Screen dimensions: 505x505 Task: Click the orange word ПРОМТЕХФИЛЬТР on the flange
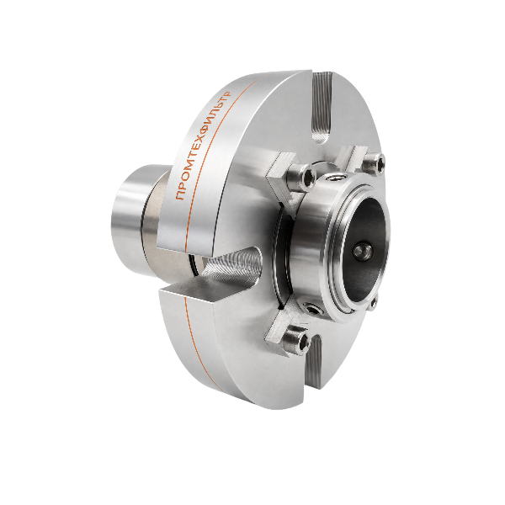(204, 146)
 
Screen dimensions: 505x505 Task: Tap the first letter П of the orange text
(180, 195)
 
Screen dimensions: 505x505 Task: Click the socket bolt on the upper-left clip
(301, 176)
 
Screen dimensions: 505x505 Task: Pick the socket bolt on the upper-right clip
(374, 162)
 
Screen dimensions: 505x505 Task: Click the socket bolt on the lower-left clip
(296, 340)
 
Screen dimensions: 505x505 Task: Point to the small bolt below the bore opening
(373, 303)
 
